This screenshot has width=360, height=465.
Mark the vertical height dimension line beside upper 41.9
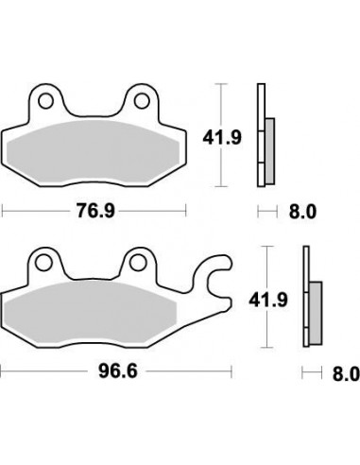click(x=221, y=135)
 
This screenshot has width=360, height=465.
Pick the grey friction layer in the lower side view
click(x=316, y=312)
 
